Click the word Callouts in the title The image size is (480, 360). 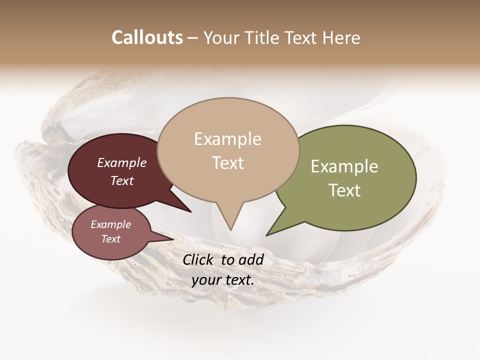[147, 37]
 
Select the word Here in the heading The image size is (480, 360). [342, 37]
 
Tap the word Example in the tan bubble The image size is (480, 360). [227, 139]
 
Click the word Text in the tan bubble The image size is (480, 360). [227, 163]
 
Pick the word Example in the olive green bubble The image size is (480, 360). [344, 166]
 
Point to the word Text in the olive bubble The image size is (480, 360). [344, 190]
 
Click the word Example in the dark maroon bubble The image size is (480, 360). [121, 163]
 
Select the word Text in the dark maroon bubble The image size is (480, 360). [121, 180]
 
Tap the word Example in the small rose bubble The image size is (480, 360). [110, 224]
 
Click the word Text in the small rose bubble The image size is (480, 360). [110, 239]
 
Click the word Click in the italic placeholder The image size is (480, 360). [199, 260]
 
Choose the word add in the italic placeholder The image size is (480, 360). [251, 260]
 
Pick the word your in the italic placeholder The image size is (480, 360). [205, 280]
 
